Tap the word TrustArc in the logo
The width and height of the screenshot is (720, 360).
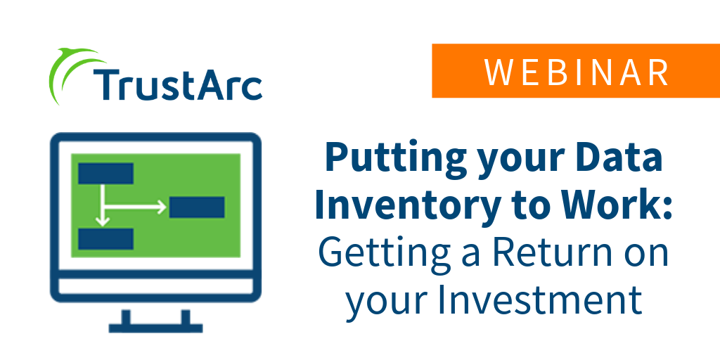click(178, 85)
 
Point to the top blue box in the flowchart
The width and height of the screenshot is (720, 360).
click(106, 173)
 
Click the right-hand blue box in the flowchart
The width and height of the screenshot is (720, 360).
click(197, 207)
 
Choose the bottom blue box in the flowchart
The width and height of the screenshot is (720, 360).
click(106, 239)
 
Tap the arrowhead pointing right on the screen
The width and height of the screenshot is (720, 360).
click(162, 207)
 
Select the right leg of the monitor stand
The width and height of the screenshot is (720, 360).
click(186, 317)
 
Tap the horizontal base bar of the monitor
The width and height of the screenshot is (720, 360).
click(155, 328)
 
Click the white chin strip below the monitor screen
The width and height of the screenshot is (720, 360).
click(155, 286)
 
